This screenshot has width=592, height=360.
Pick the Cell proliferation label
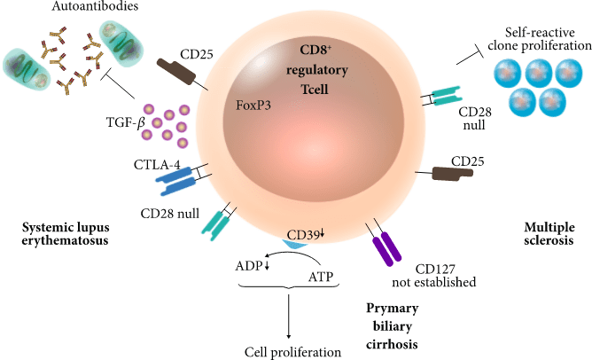point(292,351)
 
